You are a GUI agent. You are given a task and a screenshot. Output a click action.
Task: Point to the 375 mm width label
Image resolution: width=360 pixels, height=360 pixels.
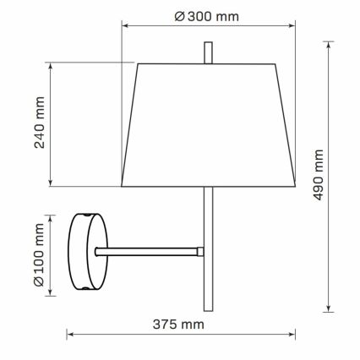coord(181,324)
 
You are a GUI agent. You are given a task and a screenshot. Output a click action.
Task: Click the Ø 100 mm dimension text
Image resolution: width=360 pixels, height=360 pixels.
coord(39,253)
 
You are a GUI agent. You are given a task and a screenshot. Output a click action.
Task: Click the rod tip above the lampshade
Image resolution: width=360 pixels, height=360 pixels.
coord(208,52)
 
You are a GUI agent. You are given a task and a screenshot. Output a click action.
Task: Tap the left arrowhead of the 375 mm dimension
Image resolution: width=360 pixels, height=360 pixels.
coord(70,335)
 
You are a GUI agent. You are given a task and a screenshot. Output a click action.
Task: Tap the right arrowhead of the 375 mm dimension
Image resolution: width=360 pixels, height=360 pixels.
coord(293,335)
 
